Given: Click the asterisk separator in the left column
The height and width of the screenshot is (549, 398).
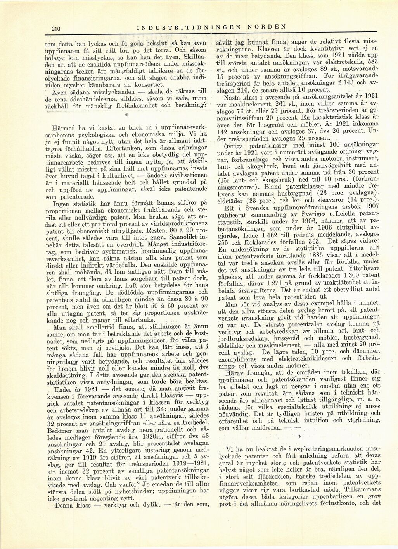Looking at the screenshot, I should pos(126,115).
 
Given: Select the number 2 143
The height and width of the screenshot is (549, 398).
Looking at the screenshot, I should pos(349,85).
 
